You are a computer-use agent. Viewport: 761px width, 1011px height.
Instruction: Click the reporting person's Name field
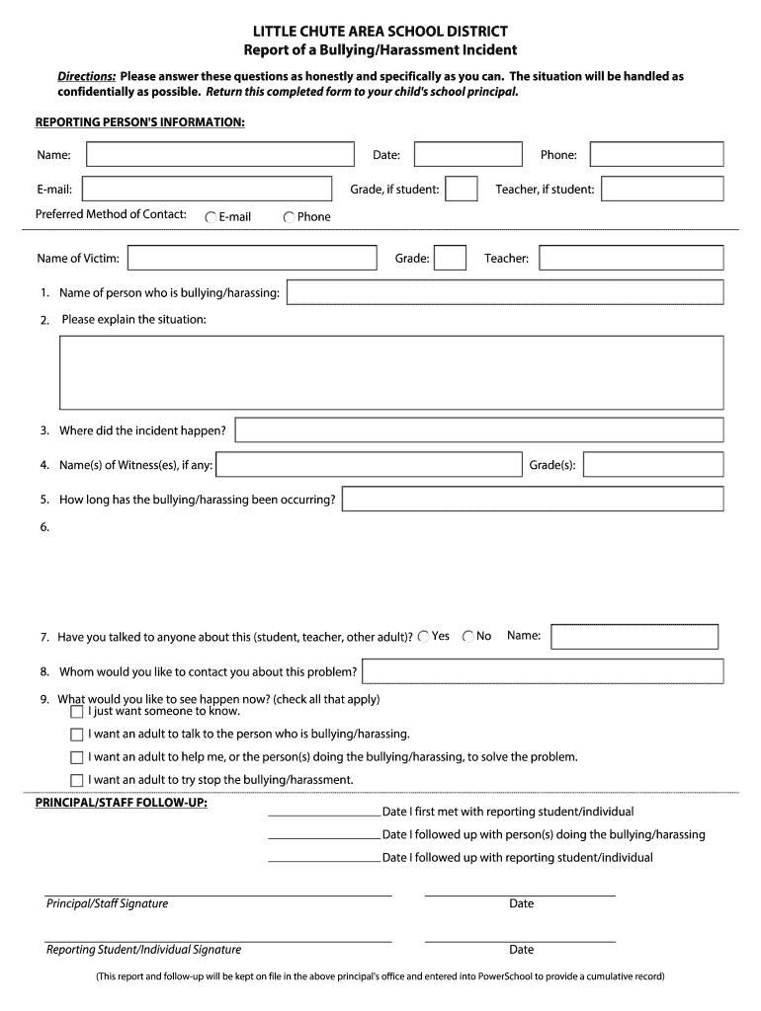pos(219,155)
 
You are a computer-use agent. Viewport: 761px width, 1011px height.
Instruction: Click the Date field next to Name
pos(467,155)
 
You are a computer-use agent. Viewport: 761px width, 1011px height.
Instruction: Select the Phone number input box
pos(656,155)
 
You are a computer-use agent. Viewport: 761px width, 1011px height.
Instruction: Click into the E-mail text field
pos(209,189)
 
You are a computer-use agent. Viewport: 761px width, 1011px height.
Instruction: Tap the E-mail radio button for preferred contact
pos(211,217)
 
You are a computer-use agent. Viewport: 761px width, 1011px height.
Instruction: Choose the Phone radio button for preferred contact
pos(289,217)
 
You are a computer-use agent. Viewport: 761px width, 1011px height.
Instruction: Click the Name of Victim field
pos(252,258)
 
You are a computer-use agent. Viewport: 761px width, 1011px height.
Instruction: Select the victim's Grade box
pos(450,258)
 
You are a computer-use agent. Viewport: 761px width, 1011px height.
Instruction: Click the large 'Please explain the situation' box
pos(391,372)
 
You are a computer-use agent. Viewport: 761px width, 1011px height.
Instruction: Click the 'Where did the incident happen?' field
pos(478,430)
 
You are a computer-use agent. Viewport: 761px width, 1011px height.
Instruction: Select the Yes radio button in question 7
pos(424,637)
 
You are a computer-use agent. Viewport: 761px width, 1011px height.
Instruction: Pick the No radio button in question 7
pos(468,637)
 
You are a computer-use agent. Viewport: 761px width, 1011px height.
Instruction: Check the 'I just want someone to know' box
pos(77,711)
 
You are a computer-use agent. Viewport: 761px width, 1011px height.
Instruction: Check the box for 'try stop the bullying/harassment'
pos(77,780)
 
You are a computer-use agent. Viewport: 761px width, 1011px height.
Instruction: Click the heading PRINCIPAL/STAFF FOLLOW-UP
pos(122,803)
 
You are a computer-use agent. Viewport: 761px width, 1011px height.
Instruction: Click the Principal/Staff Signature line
pos(218,894)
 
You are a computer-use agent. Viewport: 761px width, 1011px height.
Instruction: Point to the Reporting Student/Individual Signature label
pos(143,950)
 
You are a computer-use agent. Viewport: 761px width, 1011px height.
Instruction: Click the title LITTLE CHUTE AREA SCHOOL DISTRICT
pos(380,32)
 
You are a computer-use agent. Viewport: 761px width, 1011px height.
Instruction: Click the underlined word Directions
pos(86,76)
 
